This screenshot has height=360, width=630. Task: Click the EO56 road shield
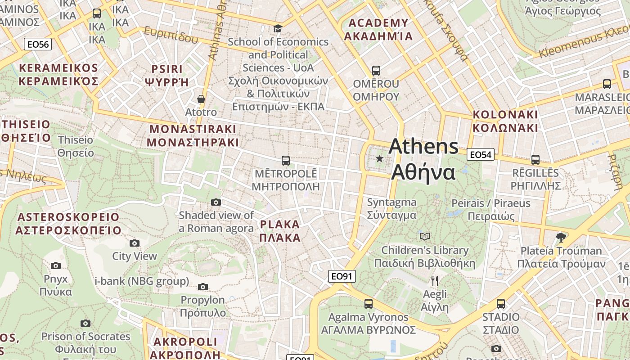(38, 44)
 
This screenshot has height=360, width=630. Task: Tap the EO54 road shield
(481, 155)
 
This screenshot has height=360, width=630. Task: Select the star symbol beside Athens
(379, 158)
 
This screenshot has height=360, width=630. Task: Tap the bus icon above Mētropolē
(285, 160)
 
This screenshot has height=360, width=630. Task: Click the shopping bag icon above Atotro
(201, 99)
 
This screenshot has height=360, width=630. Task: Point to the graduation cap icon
(278, 29)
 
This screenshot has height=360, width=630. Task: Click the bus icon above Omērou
(376, 71)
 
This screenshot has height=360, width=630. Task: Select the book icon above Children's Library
(424, 236)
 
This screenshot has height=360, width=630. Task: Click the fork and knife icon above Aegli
(435, 281)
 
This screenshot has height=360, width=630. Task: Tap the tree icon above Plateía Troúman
(561, 237)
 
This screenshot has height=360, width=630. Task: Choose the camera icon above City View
(134, 243)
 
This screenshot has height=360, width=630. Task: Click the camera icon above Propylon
(203, 287)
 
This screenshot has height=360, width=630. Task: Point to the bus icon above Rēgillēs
(535, 159)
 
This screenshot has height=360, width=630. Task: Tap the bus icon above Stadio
(500, 304)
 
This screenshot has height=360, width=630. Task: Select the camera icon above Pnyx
(56, 265)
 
